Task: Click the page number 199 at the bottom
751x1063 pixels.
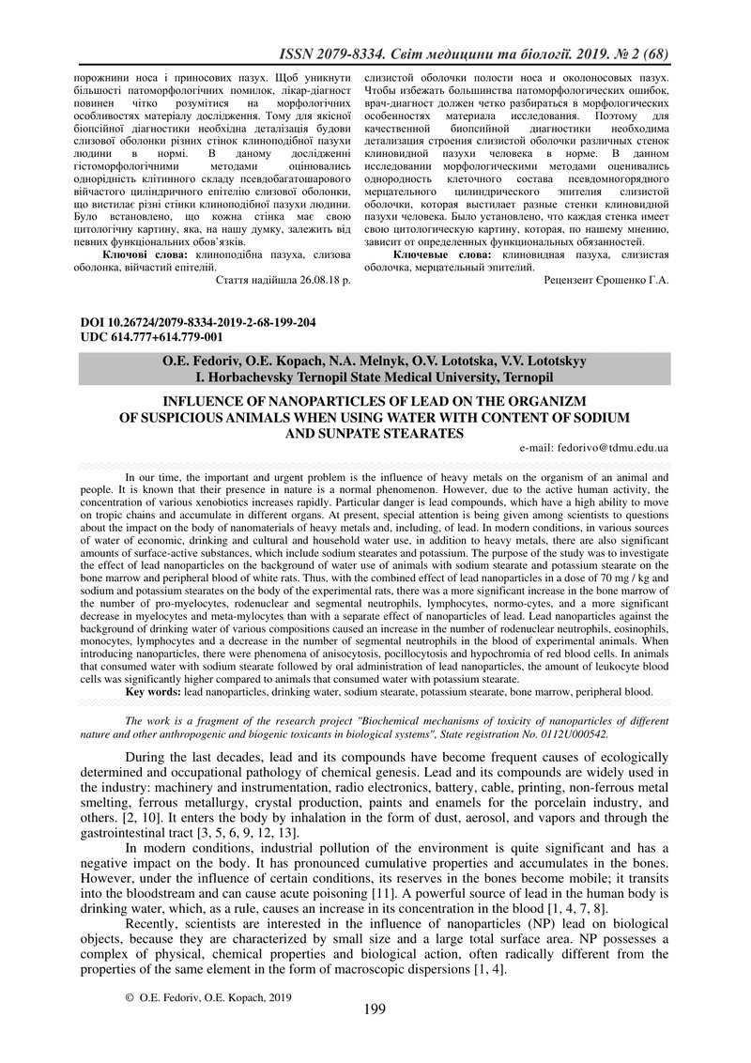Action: point(375,1009)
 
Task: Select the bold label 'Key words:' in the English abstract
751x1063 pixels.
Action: point(155,691)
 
